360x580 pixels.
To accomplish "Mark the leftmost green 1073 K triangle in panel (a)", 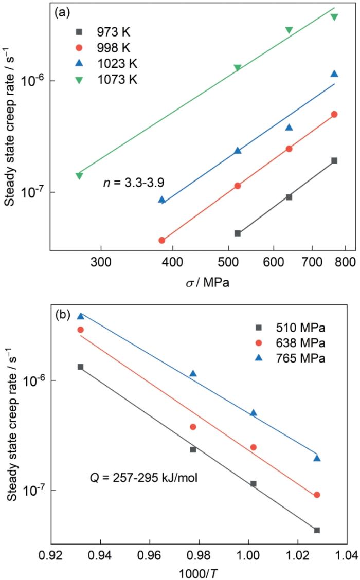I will point(79,176).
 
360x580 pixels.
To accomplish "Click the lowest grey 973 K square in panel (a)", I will point(238,233).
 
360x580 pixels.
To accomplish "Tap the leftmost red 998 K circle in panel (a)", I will point(161,240).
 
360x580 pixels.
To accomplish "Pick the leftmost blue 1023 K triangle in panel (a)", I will point(161,200).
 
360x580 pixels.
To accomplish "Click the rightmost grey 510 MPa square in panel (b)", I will point(317,530).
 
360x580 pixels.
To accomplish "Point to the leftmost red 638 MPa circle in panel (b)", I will point(80,330).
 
